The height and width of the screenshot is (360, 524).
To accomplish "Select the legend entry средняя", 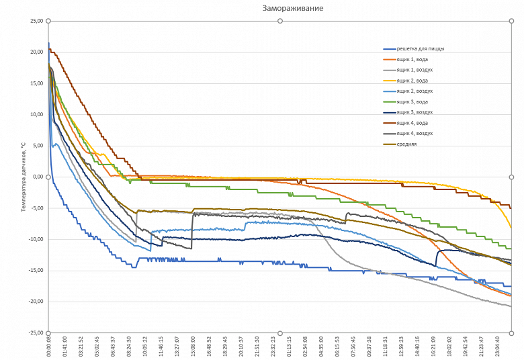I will (406, 144).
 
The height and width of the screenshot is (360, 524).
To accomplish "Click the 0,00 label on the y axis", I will (37, 177).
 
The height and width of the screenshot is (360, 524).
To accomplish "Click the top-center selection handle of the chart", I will (280, 21).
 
